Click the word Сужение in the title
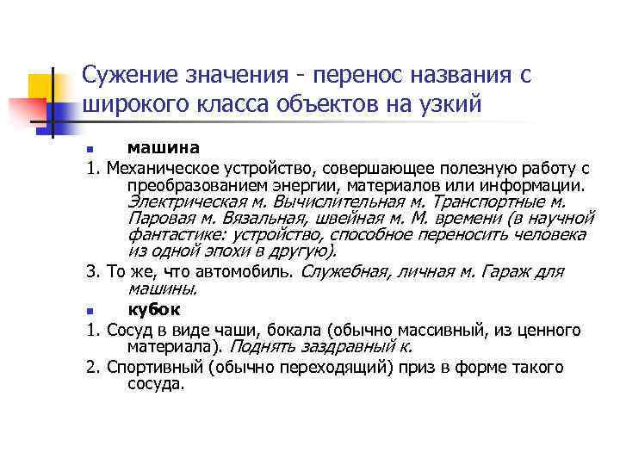[x=128, y=75]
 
